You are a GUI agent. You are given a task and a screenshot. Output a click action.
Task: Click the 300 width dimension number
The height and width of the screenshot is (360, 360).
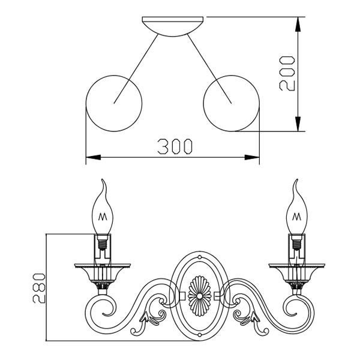pos(175,146)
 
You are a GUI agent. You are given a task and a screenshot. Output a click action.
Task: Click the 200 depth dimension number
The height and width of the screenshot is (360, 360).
pos(287,73)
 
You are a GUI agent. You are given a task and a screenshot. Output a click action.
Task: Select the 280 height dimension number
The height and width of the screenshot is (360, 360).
pos(39,288)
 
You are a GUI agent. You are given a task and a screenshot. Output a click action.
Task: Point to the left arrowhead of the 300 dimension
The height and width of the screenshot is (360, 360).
pos(93,157)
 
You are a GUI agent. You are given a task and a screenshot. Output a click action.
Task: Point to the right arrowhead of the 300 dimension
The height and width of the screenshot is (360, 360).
pos(252,157)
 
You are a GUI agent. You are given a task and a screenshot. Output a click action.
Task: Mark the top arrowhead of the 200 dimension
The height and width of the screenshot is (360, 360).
pos(298,24)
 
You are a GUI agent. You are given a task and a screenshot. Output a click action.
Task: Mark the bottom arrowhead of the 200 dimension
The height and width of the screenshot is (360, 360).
pos(298,124)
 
